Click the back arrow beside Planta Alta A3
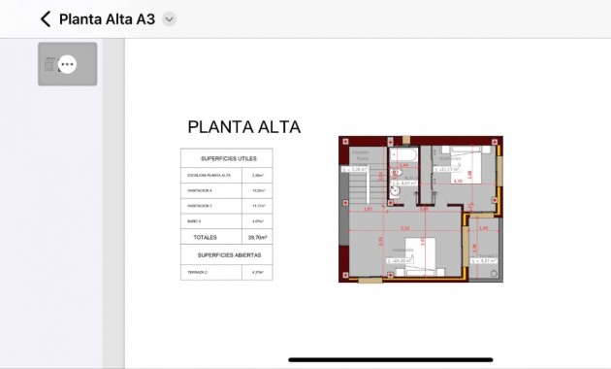coord(45,19)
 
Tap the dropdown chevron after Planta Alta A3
coord(170,19)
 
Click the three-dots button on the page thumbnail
coord(67,64)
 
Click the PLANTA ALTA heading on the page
coord(243,127)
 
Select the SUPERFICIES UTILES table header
coord(226,158)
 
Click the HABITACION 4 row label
coord(200,191)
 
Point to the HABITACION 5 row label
coord(200,206)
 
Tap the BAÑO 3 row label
coord(195,221)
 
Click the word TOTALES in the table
coord(205,237)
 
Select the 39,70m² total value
coord(257,237)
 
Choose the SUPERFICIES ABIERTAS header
coord(226,255)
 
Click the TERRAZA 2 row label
coord(197,273)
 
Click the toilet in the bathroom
coord(396,174)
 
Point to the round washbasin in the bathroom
coord(395,191)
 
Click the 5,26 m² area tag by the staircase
coord(357,169)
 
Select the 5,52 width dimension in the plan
coord(404,228)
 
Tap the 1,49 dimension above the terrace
coord(484,228)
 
